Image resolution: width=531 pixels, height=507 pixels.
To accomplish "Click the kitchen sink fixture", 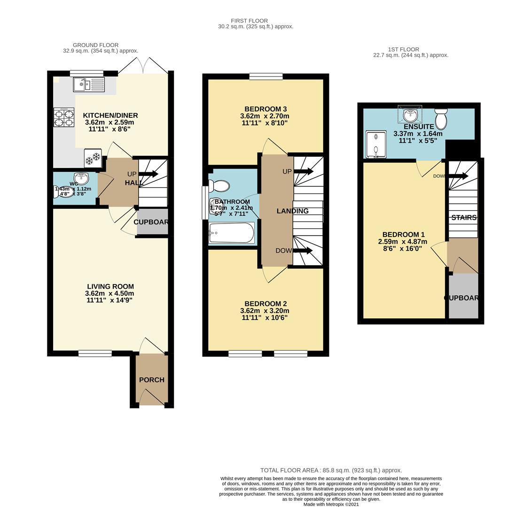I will point(89,85).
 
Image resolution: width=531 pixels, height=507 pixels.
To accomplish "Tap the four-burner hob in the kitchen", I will point(64,117).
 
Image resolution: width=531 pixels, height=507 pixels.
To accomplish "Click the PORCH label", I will point(152,380).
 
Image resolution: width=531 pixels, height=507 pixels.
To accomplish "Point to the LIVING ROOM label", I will point(110,286).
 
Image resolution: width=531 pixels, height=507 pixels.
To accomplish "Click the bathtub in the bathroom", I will point(232,232).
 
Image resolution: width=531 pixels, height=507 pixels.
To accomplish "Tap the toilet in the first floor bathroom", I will point(219,186).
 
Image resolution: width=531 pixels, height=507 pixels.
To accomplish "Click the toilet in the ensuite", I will point(441,119).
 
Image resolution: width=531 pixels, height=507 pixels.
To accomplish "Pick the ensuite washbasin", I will point(410,114).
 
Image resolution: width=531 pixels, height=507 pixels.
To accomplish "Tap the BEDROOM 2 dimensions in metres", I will point(265,311).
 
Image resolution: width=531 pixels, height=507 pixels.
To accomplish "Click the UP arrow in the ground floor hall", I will point(148,174).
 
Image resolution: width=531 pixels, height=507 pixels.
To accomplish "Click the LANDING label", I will point(292,211).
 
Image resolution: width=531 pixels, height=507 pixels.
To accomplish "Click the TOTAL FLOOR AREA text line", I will point(331,470).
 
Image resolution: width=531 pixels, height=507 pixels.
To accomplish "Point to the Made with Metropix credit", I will point(331,504).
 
